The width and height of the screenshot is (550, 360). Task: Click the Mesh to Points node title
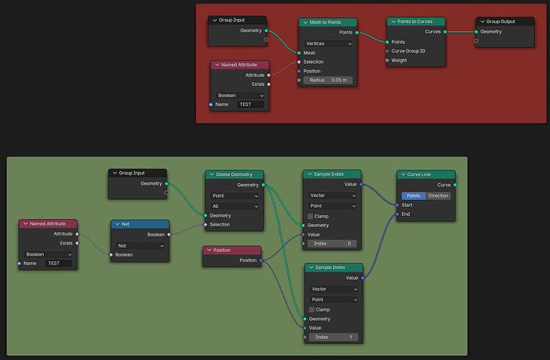(325, 22)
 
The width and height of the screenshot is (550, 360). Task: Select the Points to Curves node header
(416, 22)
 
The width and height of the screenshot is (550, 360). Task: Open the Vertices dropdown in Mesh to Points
(328, 44)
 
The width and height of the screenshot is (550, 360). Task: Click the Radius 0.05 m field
(328, 80)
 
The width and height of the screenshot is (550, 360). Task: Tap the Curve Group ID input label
(408, 51)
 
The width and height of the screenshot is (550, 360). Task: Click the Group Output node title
(501, 22)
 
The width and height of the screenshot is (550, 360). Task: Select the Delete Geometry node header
(234, 174)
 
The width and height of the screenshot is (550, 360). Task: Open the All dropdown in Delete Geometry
(234, 206)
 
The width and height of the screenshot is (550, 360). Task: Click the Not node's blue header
(140, 224)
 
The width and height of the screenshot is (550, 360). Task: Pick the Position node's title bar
(232, 250)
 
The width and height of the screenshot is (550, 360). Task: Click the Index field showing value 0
(332, 244)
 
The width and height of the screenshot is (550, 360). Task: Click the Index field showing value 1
(333, 337)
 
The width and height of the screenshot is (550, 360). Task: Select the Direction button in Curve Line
(438, 196)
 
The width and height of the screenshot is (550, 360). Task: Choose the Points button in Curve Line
(414, 196)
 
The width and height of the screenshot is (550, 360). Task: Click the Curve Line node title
(418, 174)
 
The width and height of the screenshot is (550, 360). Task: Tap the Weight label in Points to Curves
(399, 61)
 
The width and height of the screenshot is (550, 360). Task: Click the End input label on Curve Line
(406, 213)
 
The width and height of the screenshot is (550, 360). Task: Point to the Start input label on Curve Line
(407, 205)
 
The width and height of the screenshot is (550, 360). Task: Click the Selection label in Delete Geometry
(219, 225)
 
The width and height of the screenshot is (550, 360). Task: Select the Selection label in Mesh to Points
(313, 61)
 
